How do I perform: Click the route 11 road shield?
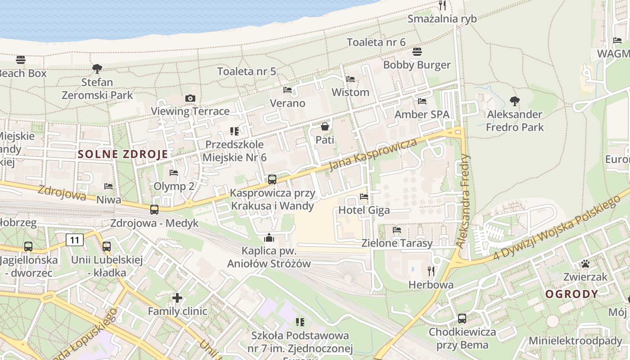tap(75, 240)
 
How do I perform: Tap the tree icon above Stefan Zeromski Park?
tap(97, 69)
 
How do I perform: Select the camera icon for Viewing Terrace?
tap(190, 98)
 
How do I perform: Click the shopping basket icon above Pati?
tap(324, 127)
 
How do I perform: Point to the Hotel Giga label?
tap(364, 210)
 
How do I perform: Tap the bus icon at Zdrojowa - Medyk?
tap(154, 209)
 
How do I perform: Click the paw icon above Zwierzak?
tap(585, 264)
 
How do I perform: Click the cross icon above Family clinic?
tap(177, 297)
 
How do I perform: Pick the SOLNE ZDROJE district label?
tap(123, 154)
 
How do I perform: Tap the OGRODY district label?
tap(572, 294)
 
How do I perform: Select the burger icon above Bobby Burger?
tap(417, 52)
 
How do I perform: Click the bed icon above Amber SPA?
tap(422, 101)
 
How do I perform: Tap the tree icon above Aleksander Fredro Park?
tap(514, 101)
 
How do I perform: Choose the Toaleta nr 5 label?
tap(247, 71)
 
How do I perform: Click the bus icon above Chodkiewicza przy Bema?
tap(462, 319)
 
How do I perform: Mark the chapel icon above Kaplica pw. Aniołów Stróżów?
tap(269, 238)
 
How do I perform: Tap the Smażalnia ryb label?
tap(442, 18)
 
